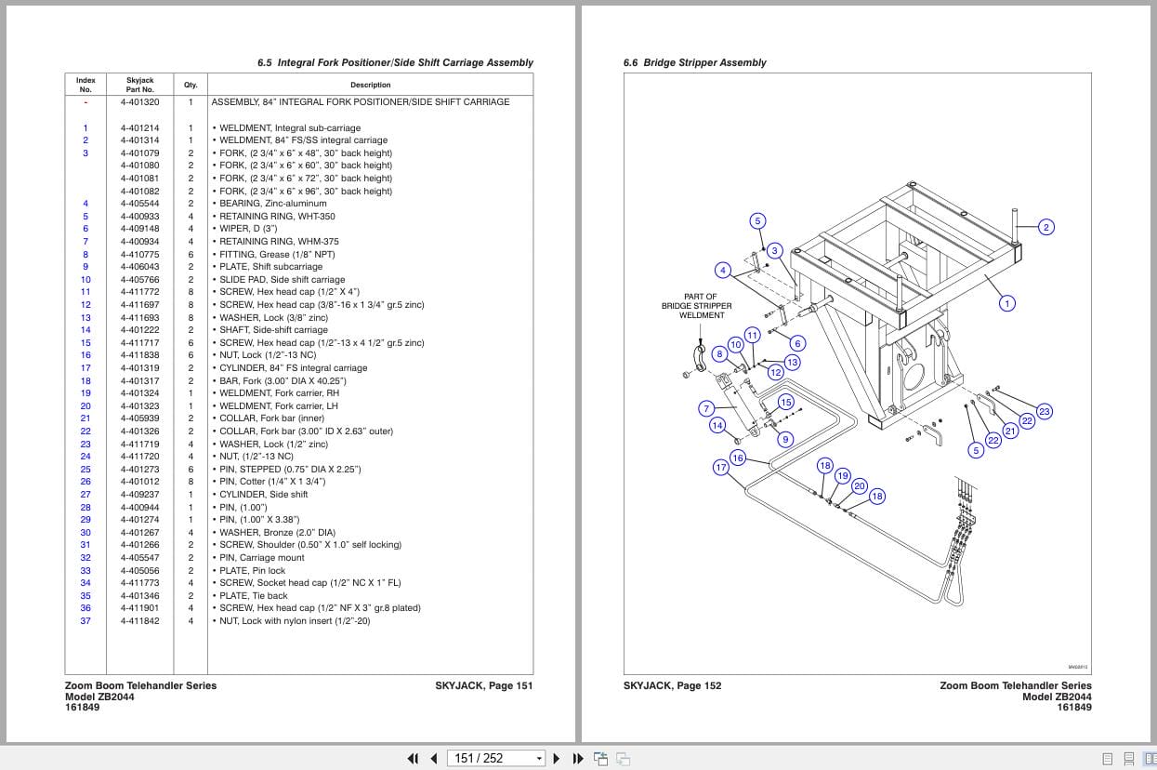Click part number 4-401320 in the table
point(139,102)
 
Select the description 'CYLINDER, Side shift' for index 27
point(263,495)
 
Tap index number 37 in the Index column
point(85,621)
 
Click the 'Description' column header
point(370,85)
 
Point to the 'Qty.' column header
point(191,85)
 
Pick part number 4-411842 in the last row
point(139,621)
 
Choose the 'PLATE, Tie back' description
point(253,596)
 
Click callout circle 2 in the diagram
point(1045,227)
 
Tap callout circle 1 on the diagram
point(1006,302)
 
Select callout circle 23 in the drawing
point(1044,411)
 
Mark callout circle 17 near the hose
point(720,467)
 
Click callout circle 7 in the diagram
point(706,408)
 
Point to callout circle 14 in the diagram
point(717,425)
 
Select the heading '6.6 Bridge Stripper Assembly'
point(694,63)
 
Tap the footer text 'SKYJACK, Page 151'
point(483,686)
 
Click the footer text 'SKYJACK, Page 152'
point(672,686)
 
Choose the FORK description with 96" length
point(306,192)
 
